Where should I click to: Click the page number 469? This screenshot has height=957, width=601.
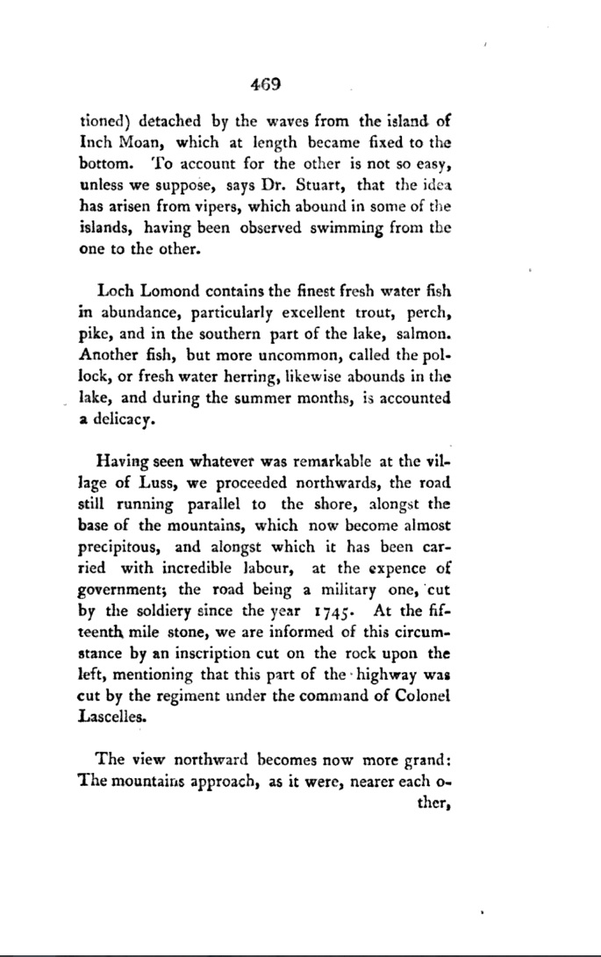[x=263, y=85]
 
